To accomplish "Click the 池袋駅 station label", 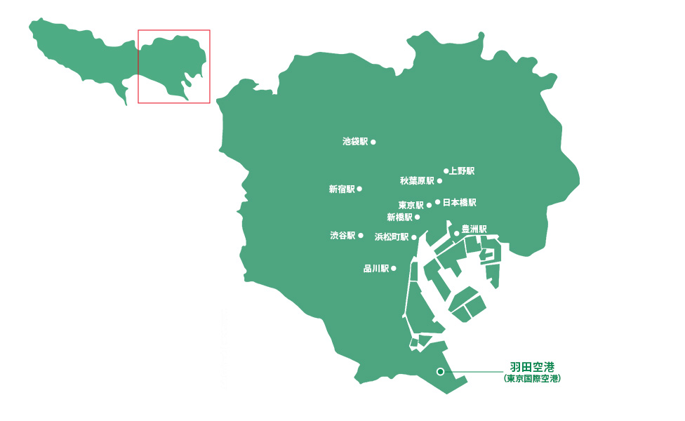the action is pyautogui.click(x=354, y=142).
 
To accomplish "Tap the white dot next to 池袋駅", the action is pyautogui.click(x=373, y=142).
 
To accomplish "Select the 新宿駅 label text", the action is pyautogui.click(x=341, y=189).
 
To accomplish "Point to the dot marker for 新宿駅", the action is pyautogui.click(x=359, y=189).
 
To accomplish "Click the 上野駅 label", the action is pyautogui.click(x=463, y=171).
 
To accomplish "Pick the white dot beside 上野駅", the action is pyautogui.click(x=446, y=171).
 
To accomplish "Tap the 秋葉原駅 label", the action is pyautogui.click(x=417, y=181).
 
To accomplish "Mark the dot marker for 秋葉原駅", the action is pyautogui.click(x=440, y=181).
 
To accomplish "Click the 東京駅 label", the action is pyautogui.click(x=411, y=206).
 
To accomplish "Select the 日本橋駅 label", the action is pyautogui.click(x=460, y=202).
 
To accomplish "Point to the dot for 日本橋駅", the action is pyautogui.click(x=438, y=202).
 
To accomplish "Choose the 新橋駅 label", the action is pyautogui.click(x=399, y=218).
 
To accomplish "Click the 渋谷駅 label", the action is pyautogui.click(x=342, y=236).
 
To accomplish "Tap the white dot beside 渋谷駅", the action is pyautogui.click(x=361, y=236).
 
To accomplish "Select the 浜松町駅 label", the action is pyautogui.click(x=391, y=237).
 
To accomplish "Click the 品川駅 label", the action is pyautogui.click(x=375, y=268).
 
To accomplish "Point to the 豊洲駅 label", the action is pyautogui.click(x=474, y=229).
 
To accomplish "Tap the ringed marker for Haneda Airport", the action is pyautogui.click(x=440, y=372).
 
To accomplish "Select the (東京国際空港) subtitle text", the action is pyautogui.click(x=533, y=379).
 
